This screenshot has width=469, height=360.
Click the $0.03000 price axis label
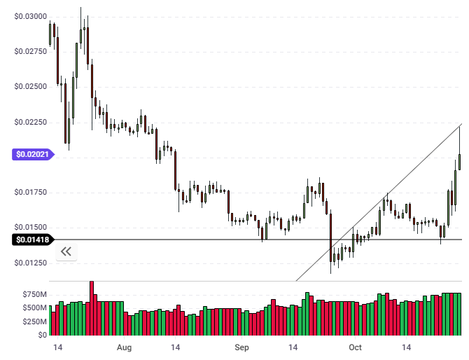[31, 16]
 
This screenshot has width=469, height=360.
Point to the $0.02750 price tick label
[31, 52]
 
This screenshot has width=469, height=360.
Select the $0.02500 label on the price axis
[31, 87]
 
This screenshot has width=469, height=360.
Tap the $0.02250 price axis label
[31, 122]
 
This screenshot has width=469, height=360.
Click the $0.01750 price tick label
[31, 192]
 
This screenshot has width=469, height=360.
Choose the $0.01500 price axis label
[31, 227]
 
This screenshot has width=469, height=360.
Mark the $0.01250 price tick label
[31, 262]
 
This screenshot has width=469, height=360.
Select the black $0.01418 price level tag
[31, 240]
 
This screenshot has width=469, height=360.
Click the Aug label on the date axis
[124, 347]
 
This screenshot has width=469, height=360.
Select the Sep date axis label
[241, 347]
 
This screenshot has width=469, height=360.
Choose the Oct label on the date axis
[355, 347]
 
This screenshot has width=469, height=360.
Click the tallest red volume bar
[92, 308]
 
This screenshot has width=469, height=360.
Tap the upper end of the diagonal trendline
[459, 125]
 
